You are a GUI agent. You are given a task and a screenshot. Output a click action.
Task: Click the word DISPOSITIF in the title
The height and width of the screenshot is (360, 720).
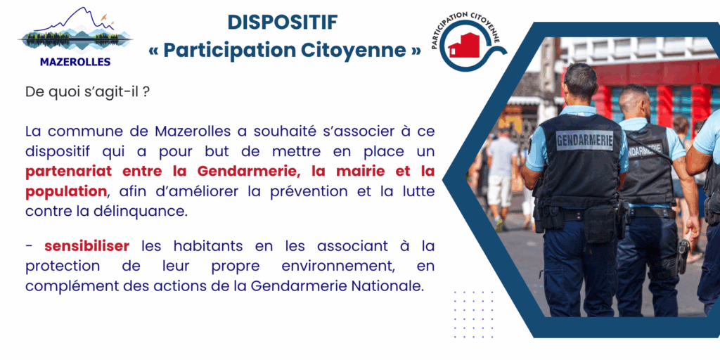point(283,22)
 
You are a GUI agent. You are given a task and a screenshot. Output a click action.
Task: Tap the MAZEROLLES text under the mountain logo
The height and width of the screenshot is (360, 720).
point(75,62)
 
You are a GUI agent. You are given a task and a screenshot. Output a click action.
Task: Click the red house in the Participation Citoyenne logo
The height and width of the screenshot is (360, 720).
point(463,45)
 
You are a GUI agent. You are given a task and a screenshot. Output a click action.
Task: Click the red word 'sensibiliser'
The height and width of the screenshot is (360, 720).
point(86,246)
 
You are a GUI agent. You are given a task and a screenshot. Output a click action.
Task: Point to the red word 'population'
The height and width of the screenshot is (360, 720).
point(66,191)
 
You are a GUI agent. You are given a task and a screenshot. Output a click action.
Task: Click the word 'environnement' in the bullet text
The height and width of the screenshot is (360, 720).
point(337,266)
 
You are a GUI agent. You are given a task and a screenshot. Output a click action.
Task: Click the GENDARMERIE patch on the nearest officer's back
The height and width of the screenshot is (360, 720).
point(584,140)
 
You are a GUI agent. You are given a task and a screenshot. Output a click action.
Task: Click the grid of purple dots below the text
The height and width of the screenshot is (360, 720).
point(473,314)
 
